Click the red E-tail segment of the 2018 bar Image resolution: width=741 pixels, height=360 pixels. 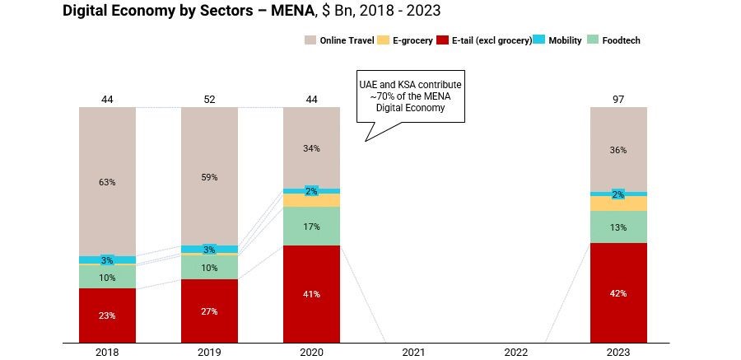coord(107,315)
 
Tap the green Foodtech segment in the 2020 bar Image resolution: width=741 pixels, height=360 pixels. coord(311,226)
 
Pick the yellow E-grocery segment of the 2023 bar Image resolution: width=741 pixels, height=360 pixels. coord(618,203)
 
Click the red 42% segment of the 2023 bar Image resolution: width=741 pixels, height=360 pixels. coord(618,292)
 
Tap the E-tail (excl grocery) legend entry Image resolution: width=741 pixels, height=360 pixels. coord(481,40)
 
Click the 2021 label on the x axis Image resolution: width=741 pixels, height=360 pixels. coord(413,352)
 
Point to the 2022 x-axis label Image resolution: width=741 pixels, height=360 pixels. coord(516,352)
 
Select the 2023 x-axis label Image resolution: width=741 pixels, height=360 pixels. coord(618,352)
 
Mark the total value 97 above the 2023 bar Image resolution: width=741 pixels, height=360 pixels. coord(618,100)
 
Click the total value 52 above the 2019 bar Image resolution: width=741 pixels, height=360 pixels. coord(209,100)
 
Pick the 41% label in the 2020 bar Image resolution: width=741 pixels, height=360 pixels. coord(311,294)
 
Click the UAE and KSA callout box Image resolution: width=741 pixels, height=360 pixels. coord(409,96)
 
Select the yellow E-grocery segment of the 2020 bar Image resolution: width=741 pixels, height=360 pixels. coord(311,200)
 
